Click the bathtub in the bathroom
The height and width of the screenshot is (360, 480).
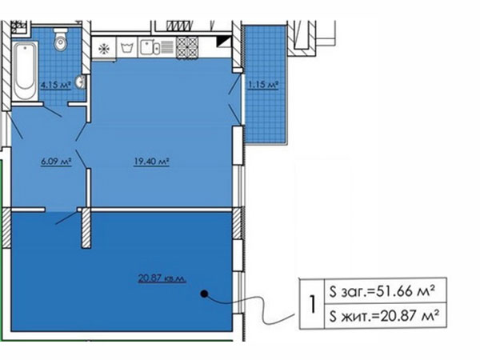point(25,71)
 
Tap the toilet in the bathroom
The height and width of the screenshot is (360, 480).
point(61,39)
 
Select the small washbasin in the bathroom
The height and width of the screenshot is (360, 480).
point(82,82)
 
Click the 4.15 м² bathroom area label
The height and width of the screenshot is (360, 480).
point(56,85)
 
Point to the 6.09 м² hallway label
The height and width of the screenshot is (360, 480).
point(56,161)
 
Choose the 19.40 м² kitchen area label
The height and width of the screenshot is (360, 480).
point(151,161)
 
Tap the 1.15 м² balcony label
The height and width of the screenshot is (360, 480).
point(263,84)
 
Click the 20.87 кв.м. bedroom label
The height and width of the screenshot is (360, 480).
point(162,278)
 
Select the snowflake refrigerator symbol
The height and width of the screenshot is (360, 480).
point(104,48)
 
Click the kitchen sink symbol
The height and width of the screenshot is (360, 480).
point(157,47)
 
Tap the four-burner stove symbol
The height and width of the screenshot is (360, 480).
point(187,47)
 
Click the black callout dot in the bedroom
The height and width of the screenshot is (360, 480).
point(204,294)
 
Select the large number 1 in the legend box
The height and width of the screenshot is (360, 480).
point(312,304)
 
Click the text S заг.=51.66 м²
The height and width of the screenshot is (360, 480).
point(382,291)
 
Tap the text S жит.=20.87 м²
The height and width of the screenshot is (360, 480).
point(384,316)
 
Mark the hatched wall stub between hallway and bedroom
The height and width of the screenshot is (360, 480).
point(86,228)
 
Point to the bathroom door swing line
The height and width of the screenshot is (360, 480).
point(53,111)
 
